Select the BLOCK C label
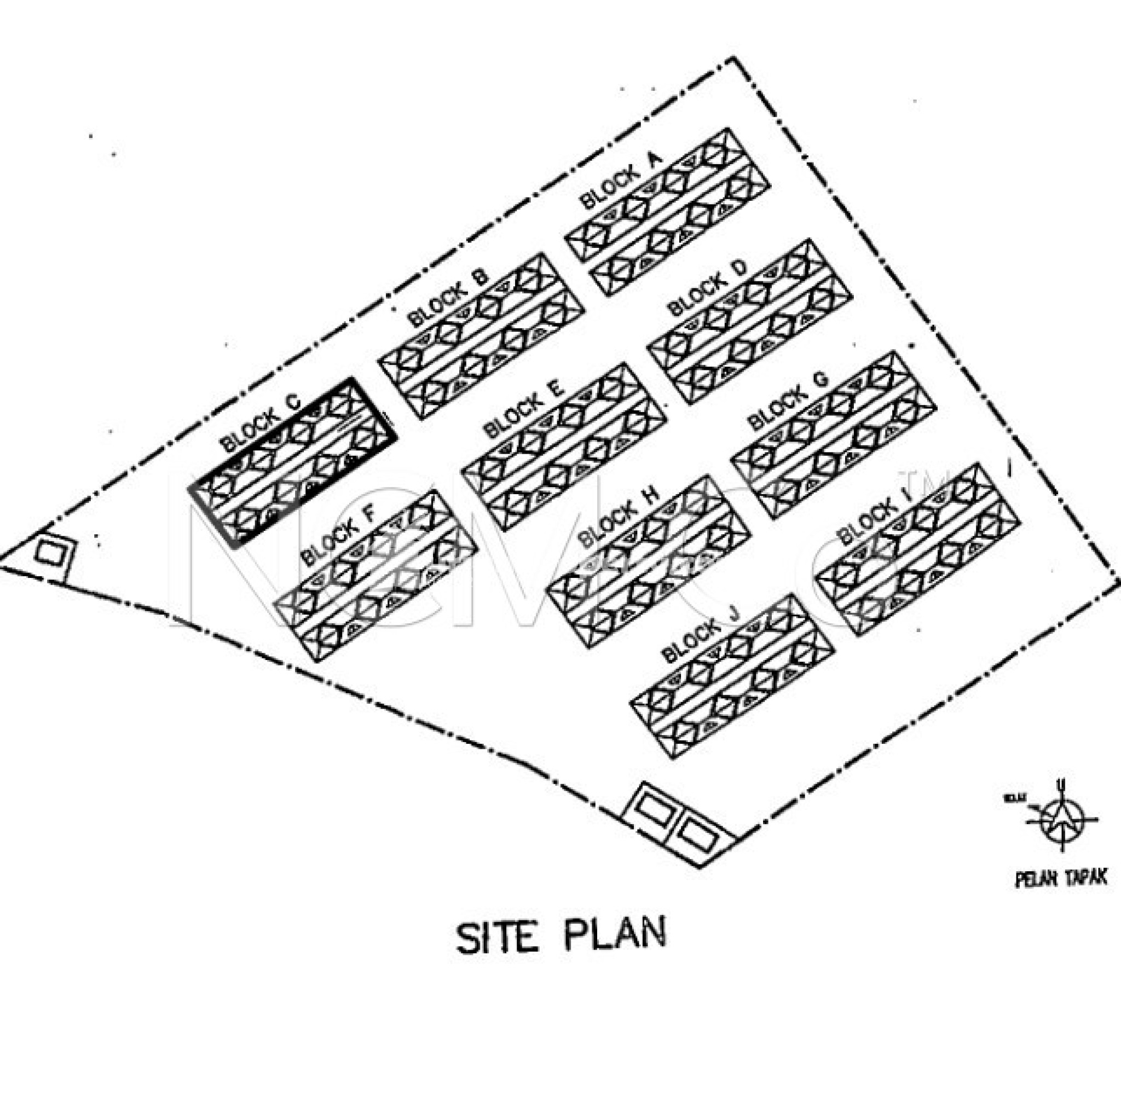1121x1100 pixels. (261, 422)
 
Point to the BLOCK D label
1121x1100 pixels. (708, 287)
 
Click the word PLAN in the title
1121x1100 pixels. (615, 935)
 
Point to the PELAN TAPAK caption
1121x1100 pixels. (1061, 879)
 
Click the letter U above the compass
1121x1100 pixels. (1061, 785)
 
